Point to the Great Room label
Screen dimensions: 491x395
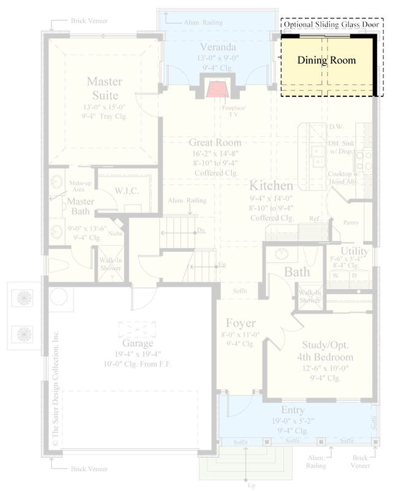215,143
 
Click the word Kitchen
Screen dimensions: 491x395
270,185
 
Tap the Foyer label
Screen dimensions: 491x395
240,323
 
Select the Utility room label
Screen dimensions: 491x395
355,252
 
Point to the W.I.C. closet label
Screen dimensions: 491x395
127,191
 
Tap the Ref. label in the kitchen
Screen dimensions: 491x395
315,218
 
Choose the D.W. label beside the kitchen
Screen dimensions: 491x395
335,127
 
